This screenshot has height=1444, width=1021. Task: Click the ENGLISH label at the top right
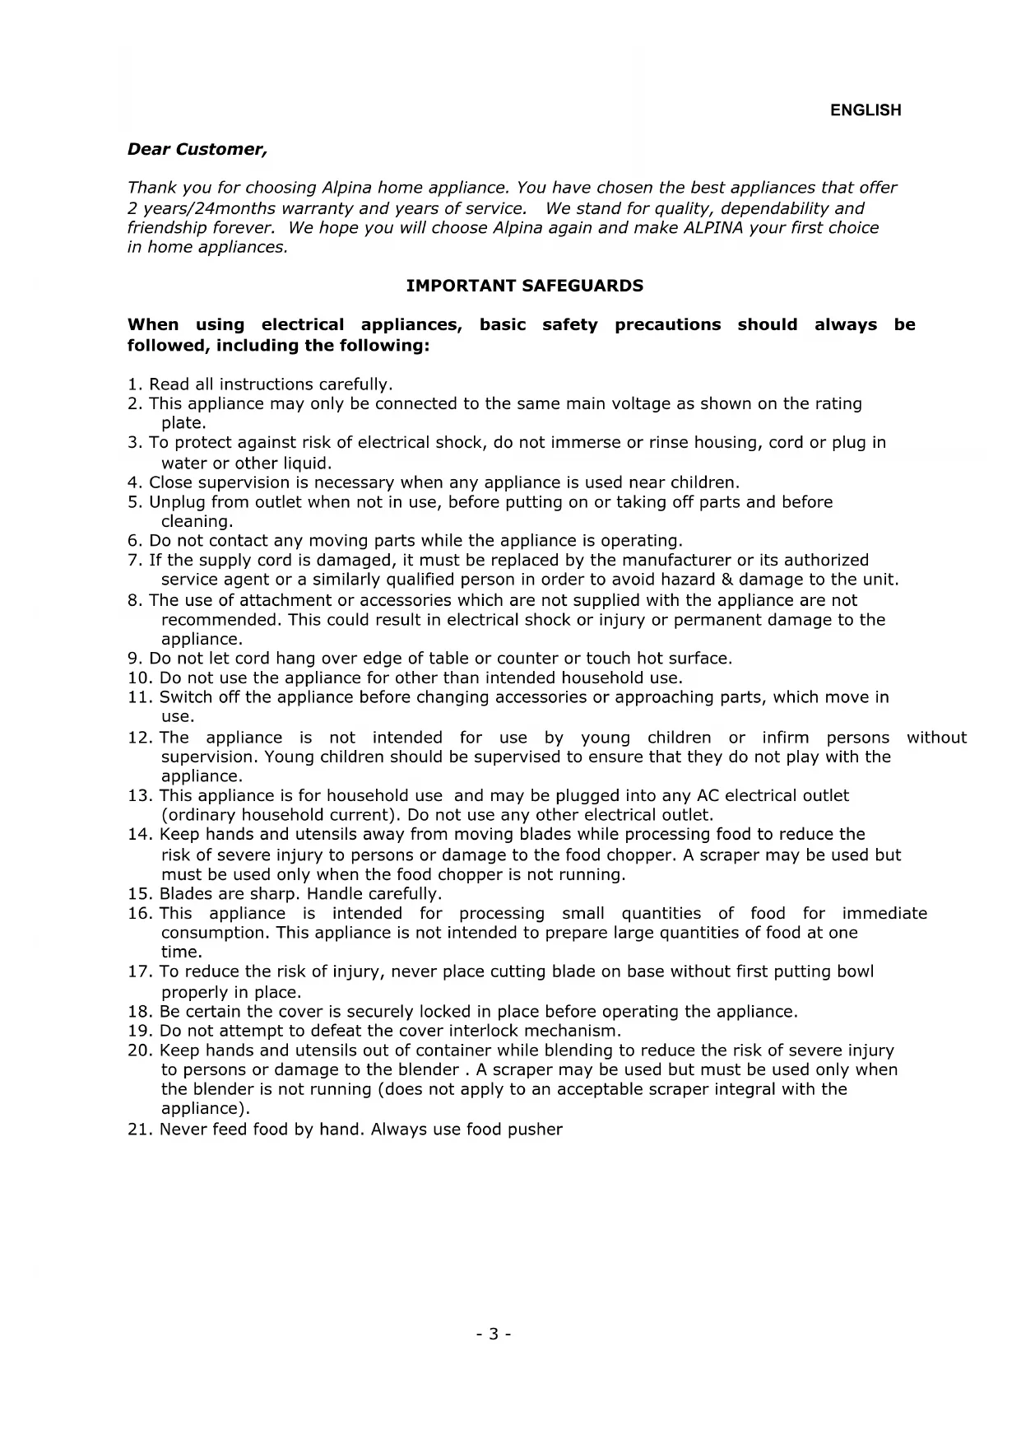point(866,110)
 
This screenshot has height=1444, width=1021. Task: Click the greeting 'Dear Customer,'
point(197,149)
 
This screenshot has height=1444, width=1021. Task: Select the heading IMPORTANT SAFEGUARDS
point(525,286)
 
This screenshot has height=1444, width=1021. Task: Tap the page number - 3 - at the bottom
point(494,1334)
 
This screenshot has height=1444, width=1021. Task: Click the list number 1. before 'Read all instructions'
point(136,384)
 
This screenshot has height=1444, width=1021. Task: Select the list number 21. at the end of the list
point(141,1130)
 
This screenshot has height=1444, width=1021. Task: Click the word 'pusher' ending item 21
point(536,1130)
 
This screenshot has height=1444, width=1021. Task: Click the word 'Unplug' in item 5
point(177,502)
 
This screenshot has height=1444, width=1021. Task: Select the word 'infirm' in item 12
point(785,738)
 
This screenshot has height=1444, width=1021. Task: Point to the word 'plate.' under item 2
point(183,423)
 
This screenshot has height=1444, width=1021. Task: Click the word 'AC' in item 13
point(708,796)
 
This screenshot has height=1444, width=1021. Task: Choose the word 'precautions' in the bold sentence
point(667,324)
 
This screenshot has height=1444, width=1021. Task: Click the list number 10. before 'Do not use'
point(141,678)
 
